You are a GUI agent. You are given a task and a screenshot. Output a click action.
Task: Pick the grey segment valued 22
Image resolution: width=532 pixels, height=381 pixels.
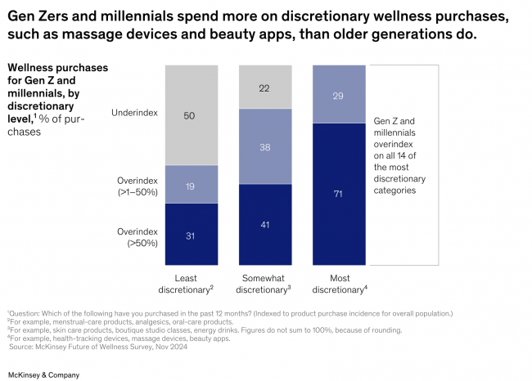click(x=265, y=85)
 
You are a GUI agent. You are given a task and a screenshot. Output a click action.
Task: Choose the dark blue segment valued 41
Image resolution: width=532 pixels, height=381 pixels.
click(x=265, y=224)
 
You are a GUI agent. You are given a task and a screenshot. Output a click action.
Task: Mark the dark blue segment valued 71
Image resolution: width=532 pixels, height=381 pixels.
click(x=338, y=194)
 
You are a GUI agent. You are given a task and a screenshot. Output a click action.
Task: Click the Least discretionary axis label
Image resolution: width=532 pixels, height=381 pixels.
click(x=187, y=283)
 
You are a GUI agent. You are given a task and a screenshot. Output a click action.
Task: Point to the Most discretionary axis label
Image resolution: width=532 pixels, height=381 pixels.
click(x=337, y=283)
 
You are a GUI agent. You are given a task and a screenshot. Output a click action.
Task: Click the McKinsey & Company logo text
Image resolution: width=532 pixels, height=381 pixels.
click(x=43, y=374)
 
